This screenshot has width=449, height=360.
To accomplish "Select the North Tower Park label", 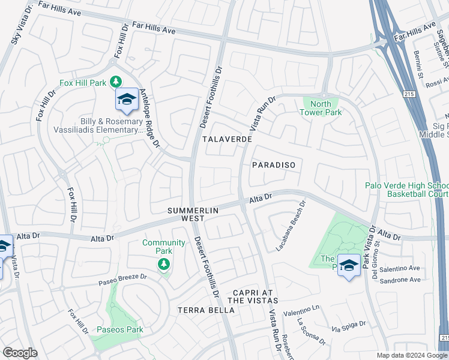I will (321, 108).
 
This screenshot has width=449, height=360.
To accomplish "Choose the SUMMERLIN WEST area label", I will (190, 215).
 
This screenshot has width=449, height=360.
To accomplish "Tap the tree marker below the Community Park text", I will (163, 264).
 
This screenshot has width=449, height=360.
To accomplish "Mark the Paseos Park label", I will (119, 329).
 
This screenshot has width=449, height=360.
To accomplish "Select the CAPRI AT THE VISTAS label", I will (253, 296).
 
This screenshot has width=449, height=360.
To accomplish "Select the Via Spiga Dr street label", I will (349, 327).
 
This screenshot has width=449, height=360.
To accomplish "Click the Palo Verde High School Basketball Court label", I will (406, 190).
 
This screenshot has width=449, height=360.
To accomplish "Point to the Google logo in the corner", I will (20, 352).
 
